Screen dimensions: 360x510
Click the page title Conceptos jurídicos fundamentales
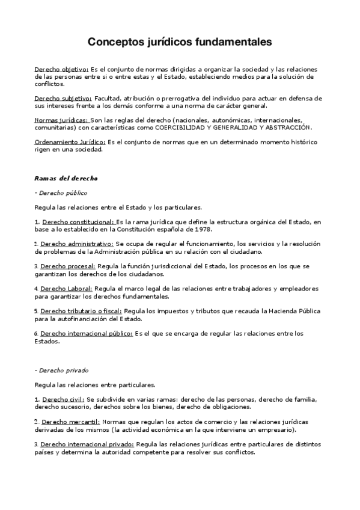180,42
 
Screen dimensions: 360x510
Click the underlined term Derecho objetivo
62,70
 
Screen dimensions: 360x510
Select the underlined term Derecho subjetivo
63,97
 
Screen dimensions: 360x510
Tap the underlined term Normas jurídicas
61,120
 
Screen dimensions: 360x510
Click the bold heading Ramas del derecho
66,179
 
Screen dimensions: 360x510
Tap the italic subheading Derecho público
63,192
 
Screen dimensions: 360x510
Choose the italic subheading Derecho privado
63,370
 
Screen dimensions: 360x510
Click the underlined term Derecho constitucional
78,222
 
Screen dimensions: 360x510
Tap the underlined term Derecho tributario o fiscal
82,311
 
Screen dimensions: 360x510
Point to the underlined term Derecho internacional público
87,333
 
